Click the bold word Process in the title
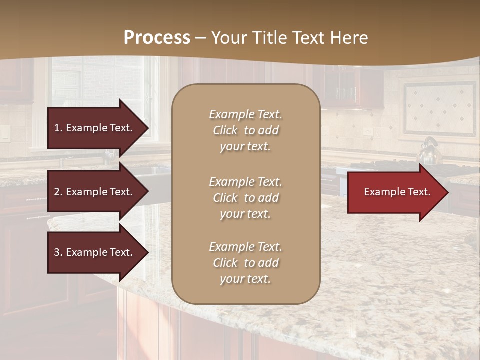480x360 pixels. pyautogui.click(x=157, y=38)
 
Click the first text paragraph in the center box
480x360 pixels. pyautogui.click(x=245, y=130)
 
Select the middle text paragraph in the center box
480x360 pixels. pyautogui.click(x=245, y=198)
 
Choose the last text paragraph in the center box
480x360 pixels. pyautogui.click(x=245, y=263)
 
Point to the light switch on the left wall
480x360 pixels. pyautogui.click(x=4, y=132)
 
